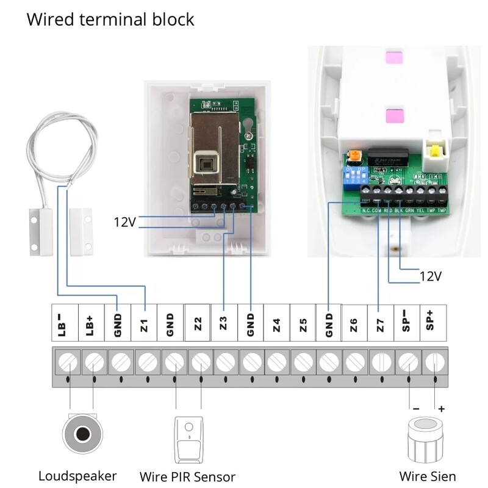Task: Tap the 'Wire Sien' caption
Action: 427,476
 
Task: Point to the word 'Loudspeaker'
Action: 77,476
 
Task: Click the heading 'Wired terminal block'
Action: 110,20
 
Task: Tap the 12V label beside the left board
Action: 124,221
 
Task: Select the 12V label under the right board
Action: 430,276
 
